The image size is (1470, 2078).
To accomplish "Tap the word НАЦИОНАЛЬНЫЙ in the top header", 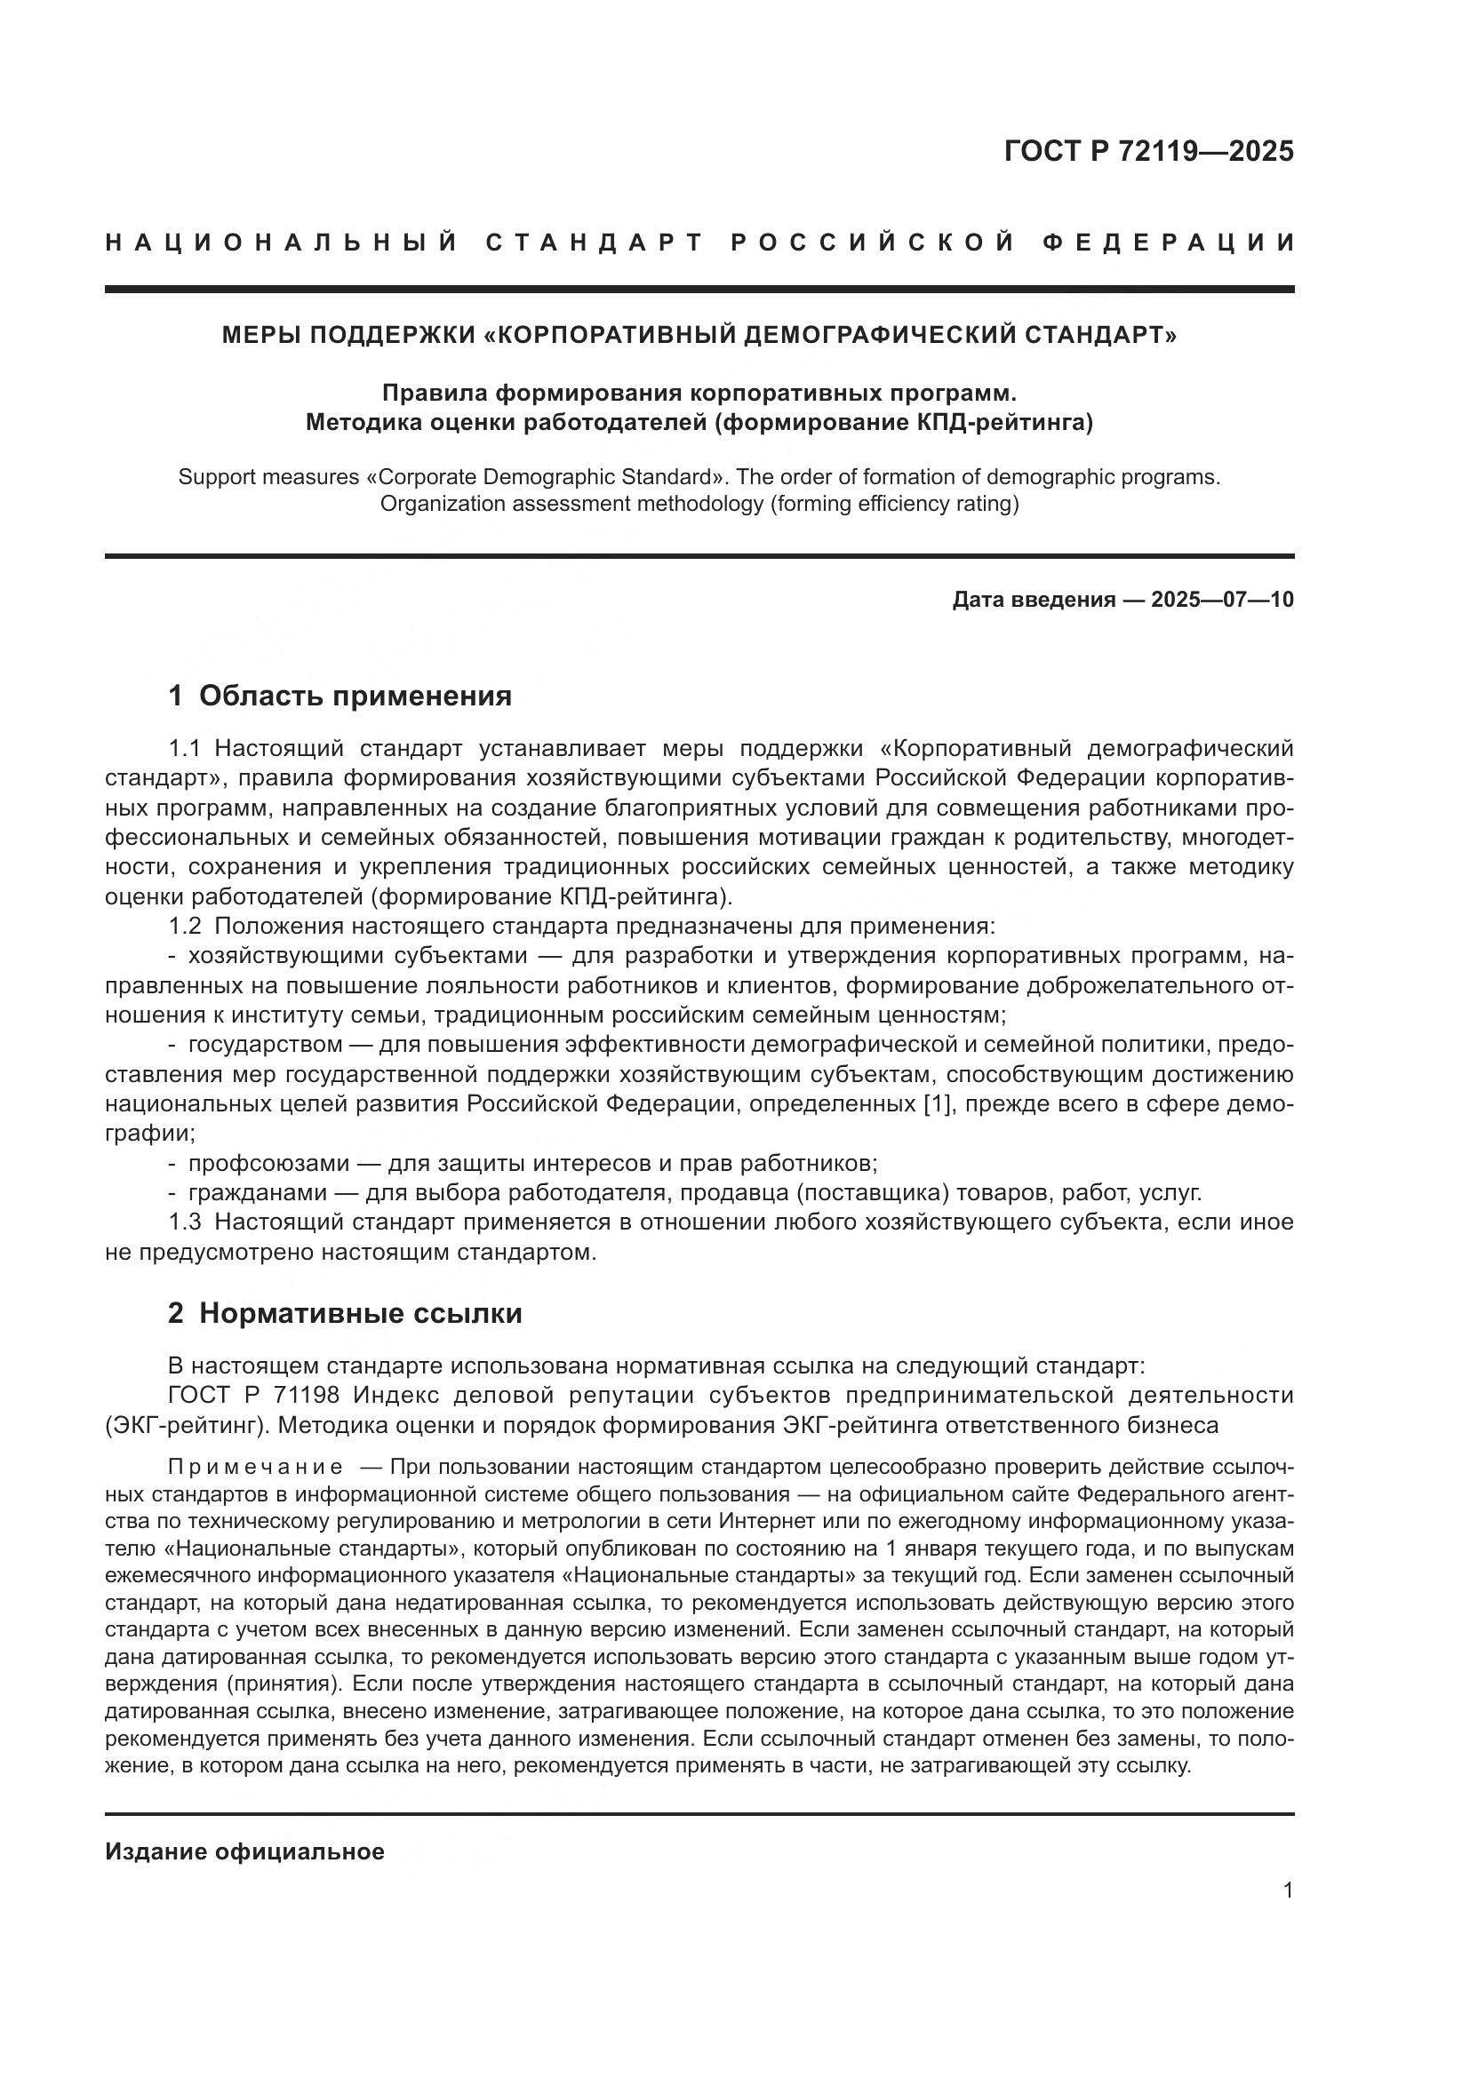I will [x=282, y=243].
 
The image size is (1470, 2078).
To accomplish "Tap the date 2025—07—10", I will [x=1222, y=599].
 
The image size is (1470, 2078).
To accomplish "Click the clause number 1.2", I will [x=186, y=926].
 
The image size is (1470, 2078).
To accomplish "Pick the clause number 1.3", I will [x=186, y=1222].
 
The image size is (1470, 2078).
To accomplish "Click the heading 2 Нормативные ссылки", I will [x=345, y=1313].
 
